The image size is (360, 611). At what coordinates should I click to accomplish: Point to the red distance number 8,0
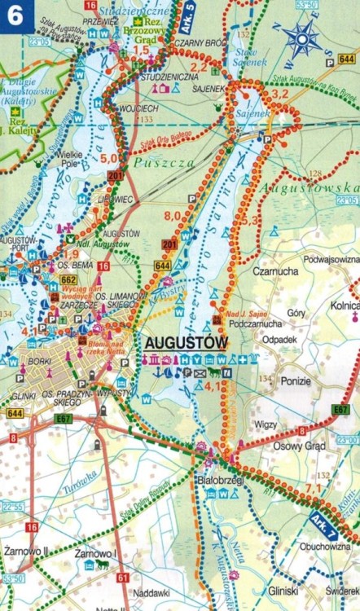172,215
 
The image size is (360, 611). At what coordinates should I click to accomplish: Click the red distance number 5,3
249,220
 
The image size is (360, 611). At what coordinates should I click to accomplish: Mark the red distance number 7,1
313,487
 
